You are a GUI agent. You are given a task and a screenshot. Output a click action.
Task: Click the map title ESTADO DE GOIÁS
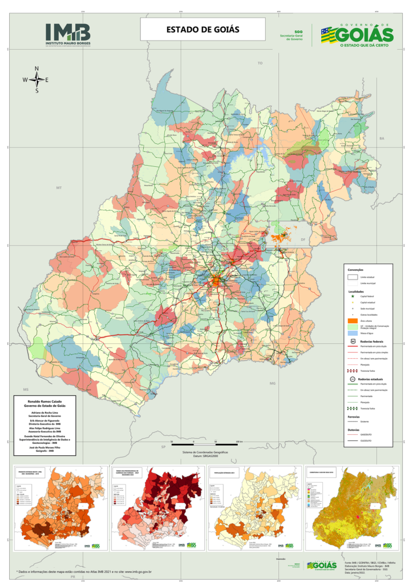pyautogui.click(x=203, y=29)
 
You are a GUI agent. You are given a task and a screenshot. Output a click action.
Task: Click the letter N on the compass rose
pyautogui.click(x=37, y=69)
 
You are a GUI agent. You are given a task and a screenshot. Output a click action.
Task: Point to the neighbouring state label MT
pyautogui.click(x=58, y=187)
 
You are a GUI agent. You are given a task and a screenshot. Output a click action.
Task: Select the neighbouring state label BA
pyautogui.click(x=382, y=139)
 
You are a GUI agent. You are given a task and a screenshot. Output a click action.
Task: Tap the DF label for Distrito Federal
pyautogui.click(x=303, y=240)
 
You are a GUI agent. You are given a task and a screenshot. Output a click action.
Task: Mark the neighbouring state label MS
pyautogui.click(x=25, y=389)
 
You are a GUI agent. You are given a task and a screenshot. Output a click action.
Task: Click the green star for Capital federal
pyautogui.click(x=353, y=296)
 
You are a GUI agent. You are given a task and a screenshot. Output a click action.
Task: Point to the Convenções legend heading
pyautogui.click(x=356, y=270)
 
